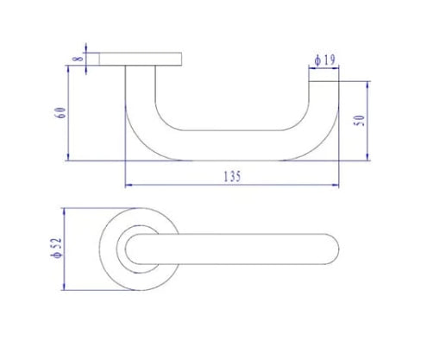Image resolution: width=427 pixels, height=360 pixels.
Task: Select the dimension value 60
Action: (x=59, y=112)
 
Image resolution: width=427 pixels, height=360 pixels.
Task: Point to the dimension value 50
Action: (x=360, y=120)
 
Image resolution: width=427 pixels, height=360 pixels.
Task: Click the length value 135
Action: (x=231, y=175)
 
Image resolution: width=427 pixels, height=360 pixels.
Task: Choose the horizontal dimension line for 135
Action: (x=231, y=184)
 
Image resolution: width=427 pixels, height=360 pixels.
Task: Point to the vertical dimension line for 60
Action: (x=69, y=112)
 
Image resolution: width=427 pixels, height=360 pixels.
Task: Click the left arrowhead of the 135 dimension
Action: (x=129, y=184)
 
